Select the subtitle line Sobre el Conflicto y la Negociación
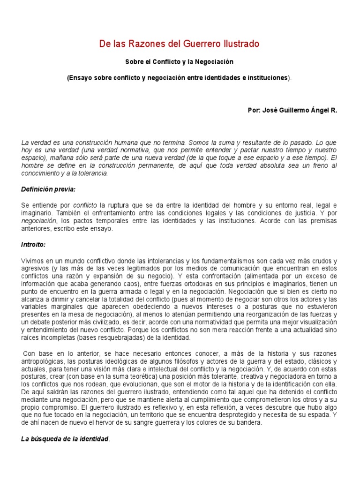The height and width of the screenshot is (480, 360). (x=180, y=61)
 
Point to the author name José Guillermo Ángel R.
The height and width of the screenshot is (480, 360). (x=292, y=110)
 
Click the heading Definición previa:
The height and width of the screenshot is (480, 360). (x=48, y=189)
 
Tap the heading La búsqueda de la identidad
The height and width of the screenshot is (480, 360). (x=65, y=439)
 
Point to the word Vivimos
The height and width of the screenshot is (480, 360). (x=33, y=261)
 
